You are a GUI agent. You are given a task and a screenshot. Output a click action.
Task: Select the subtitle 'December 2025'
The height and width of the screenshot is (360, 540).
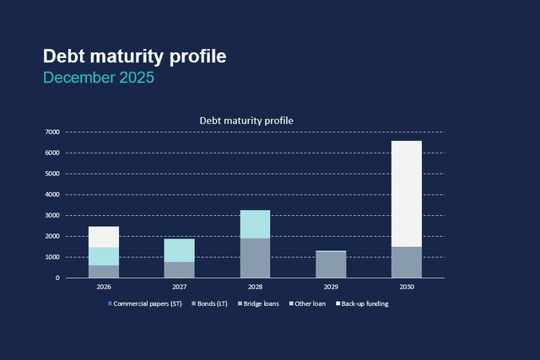coord(98,78)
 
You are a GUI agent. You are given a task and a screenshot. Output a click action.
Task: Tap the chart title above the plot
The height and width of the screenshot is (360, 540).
coord(246,121)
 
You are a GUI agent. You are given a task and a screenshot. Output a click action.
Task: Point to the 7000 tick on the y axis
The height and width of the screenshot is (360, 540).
coord(51,132)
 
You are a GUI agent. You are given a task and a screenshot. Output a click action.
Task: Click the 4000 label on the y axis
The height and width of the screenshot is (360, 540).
coord(51,195)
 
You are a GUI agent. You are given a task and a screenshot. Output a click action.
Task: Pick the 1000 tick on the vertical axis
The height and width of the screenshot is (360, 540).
coord(51,257)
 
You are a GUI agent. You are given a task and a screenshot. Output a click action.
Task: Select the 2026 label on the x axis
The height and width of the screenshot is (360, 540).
coord(104,287)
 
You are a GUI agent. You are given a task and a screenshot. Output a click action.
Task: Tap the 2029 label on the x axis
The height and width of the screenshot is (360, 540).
coord(331,287)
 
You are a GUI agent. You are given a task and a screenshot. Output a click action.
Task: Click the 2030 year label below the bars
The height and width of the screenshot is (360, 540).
coord(407,287)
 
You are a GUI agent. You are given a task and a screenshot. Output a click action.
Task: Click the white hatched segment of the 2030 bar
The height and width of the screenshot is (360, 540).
coord(407,193)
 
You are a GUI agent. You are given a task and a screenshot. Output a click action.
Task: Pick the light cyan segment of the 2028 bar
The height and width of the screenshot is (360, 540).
coord(255,224)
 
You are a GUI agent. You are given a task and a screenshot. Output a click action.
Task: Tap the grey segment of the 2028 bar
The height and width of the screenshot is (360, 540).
coord(255,258)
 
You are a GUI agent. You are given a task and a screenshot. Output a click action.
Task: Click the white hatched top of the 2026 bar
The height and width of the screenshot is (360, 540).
coord(104,237)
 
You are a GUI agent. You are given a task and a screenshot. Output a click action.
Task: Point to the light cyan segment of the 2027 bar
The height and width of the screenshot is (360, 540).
coord(179,250)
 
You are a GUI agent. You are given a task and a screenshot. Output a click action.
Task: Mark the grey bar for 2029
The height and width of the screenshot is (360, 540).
coord(331,265)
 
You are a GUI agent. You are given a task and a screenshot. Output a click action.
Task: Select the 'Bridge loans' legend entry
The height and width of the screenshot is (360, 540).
coord(258,304)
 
